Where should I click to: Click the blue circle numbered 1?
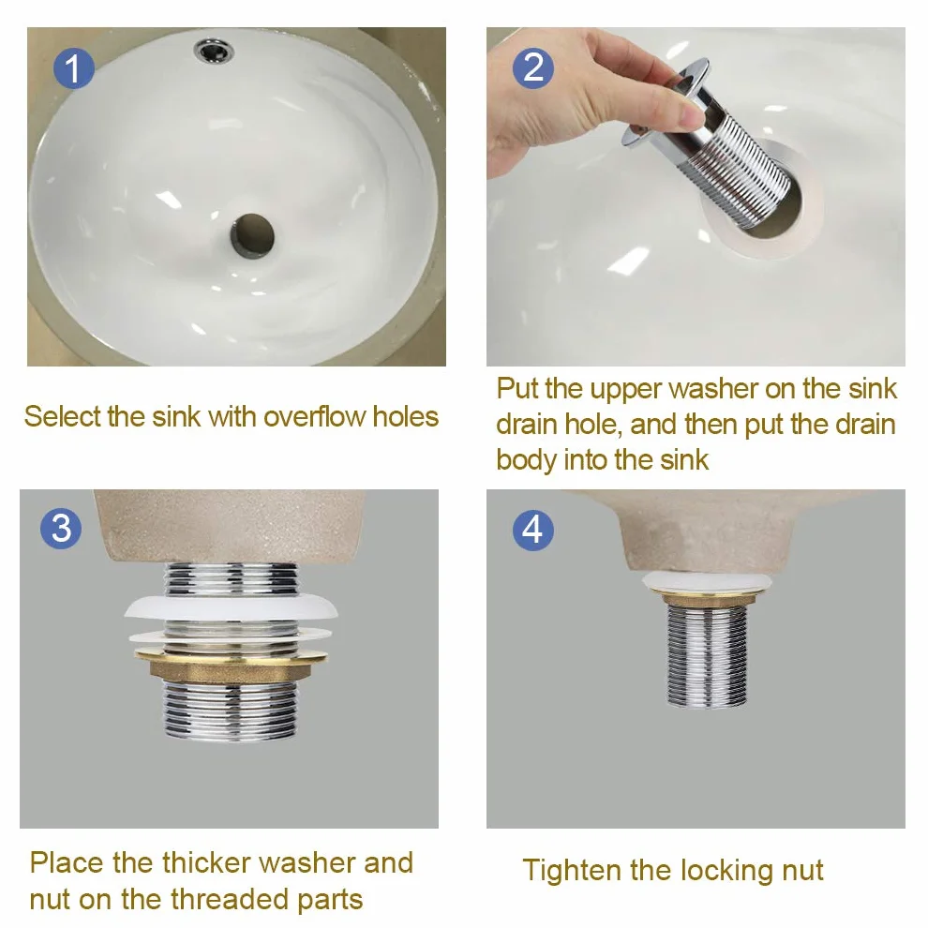pyautogui.click(x=73, y=68)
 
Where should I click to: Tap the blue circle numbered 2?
pyautogui.click(x=533, y=68)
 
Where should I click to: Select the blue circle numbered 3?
pyautogui.click(x=61, y=528)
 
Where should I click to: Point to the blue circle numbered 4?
pyautogui.click(x=533, y=529)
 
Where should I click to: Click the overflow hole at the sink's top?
pyautogui.click(x=214, y=51)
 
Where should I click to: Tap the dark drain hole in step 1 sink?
pyautogui.click(x=252, y=236)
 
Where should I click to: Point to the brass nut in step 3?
pyautogui.click(x=231, y=664)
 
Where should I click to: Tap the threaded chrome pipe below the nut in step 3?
pyautogui.click(x=230, y=711)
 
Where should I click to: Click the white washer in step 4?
pyautogui.click(x=707, y=582)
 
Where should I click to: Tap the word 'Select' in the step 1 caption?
pyautogui.click(x=63, y=416)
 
